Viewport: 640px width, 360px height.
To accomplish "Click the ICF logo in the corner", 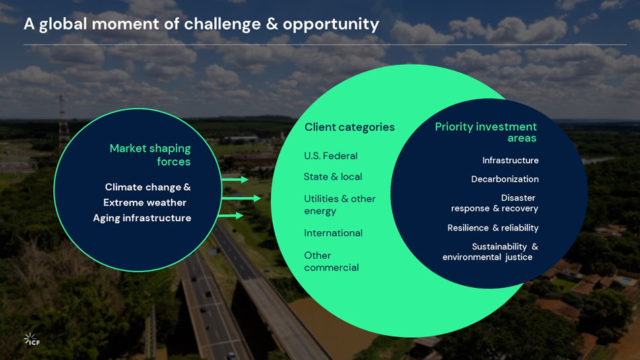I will (32, 339).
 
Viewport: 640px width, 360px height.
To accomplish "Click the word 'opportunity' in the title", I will (331, 24).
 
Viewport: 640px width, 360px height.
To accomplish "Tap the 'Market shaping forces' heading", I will (150, 154).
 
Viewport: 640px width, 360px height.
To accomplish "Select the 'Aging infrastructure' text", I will (142, 218).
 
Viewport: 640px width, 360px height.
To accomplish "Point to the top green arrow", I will (235, 179).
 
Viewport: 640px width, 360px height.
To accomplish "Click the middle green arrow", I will (241, 198).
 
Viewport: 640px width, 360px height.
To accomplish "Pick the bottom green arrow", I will (231, 216).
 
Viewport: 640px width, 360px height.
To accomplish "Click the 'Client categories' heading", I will (349, 127).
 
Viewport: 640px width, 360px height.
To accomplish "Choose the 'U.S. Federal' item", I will (331, 156).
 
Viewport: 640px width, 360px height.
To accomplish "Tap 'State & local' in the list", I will (333, 177).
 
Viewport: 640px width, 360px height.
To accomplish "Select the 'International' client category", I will (333, 233).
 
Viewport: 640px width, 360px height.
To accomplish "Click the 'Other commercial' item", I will (331, 261).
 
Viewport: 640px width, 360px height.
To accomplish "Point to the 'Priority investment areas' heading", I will (486, 132).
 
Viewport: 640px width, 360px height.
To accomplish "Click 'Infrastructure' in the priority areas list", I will (510, 160).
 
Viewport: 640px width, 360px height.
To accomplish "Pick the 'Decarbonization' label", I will (505, 179).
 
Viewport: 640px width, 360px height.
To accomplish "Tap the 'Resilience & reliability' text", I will (492, 228).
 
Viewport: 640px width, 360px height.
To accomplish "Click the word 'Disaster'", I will (518, 198).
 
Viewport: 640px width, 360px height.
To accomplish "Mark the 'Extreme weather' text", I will (145, 202).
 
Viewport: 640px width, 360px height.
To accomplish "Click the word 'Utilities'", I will (320, 199).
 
